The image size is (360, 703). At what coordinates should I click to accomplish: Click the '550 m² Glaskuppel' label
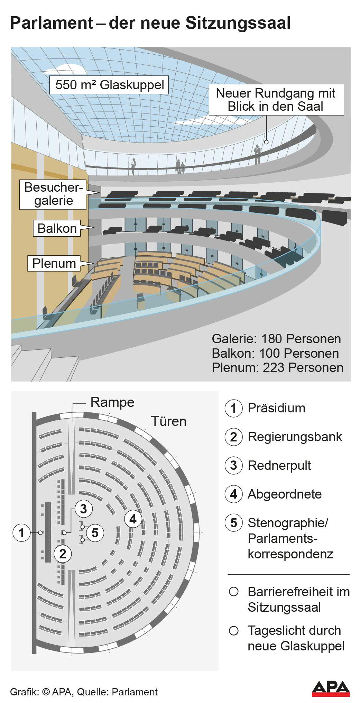click(x=109, y=85)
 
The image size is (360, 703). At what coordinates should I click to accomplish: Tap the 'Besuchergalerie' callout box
click(x=53, y=194)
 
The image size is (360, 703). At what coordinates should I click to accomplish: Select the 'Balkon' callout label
click(x=57, y=228)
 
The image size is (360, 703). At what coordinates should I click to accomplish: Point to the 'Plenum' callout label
click(x=54, y=263)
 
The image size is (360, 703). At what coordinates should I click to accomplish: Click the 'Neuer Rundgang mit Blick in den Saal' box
click(x=276, y=100)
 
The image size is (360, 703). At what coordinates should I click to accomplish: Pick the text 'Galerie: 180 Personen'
click(x=276, y=339)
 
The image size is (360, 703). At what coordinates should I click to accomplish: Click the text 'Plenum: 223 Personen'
click(x=277, y=367)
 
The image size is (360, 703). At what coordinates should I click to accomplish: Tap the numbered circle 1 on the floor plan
click(x=21, y=532)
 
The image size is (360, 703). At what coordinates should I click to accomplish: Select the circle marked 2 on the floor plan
click(x=63, y=554)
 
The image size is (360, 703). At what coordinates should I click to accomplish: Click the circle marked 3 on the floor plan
click(x=84, y=509)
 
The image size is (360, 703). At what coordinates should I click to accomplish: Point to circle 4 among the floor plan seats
click(x=133, y=519)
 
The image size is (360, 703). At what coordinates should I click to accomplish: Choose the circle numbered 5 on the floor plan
click(x=95, y=532)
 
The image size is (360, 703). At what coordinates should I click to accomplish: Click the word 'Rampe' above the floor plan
click(x=112, y=402)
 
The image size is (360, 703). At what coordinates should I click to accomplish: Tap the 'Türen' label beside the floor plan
click(x=168, y=421)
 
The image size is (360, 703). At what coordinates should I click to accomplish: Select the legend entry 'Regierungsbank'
click(x=295, y=437)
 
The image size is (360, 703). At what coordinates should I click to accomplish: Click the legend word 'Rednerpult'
click(x=279, y=465)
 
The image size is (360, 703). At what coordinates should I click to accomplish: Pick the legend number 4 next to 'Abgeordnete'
click(x=234, y=494)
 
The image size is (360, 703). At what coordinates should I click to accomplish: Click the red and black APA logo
click(x=331, y=688)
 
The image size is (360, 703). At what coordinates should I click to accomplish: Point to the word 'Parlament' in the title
click(x=52, y=23)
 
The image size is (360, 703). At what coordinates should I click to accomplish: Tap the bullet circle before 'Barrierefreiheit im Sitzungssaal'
click(x=234, y=592)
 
